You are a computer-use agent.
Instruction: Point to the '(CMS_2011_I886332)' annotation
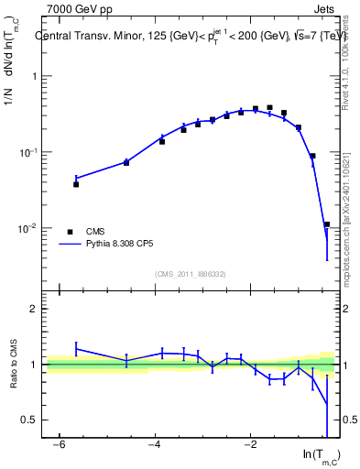[191, 274]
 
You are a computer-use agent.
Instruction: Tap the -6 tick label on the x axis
[57, 444]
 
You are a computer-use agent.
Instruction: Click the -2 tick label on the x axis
[248, 444]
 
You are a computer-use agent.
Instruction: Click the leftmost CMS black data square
[76, 184]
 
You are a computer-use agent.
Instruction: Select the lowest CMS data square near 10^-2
[326, 224]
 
